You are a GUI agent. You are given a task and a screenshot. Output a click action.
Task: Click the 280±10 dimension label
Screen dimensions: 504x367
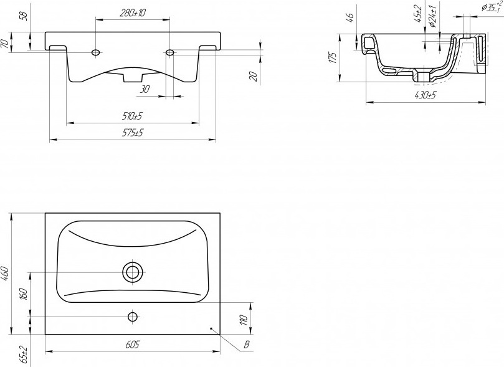(133, 13)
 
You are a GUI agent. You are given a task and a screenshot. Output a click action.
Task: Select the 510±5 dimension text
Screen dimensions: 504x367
(132, 116)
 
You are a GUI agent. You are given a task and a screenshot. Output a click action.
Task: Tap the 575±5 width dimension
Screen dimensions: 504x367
(132, 133)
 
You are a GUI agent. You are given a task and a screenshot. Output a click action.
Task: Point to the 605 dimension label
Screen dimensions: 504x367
(132, 345)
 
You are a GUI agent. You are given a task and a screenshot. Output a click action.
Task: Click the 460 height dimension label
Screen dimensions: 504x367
(6, 273)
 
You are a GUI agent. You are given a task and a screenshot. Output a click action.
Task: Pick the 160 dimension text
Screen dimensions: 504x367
(24, 294)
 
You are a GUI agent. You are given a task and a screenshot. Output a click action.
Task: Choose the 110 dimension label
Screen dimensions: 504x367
(244, 320)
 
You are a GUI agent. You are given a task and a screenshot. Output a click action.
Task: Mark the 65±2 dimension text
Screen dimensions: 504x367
(24, 355)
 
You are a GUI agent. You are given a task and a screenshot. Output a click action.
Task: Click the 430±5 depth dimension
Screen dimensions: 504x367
(425, 95)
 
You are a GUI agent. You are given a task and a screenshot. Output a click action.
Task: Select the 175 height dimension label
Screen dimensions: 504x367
(333, 57)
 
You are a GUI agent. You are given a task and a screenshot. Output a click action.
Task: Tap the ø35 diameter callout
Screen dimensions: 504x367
(492, 7)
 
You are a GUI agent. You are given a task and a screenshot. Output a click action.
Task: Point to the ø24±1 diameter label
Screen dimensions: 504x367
(432, 16)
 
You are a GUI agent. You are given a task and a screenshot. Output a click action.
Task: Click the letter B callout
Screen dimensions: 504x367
(247, 345)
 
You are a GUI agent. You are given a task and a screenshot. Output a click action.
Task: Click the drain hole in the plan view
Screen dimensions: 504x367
(132, 272)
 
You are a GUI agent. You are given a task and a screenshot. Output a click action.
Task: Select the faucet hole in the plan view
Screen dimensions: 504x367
(133, 317)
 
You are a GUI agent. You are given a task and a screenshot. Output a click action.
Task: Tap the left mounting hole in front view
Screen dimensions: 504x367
(95, 52)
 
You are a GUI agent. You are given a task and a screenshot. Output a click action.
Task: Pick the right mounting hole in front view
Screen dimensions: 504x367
(169, 52)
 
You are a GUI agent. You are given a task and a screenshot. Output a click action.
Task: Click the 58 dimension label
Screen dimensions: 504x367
(24, 16)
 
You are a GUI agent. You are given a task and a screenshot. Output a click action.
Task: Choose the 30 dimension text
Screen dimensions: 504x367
(145, 89)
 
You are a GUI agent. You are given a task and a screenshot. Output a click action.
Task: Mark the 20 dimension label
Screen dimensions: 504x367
(254, 76)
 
